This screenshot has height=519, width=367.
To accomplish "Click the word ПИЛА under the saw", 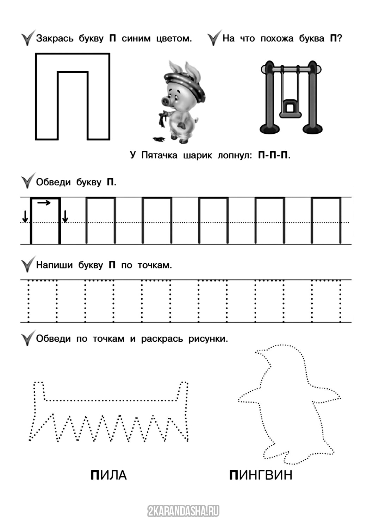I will click(x=108, y=475).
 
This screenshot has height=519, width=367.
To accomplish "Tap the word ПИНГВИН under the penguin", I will click(x=261, y=475).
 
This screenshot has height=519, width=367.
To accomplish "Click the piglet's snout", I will click(x=165, y=100).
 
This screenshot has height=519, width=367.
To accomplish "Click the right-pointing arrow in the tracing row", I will click(x=44, y=203).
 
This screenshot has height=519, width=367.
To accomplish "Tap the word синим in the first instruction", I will click(x=136, y=38).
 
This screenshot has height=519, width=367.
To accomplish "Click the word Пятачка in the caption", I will click(x=159, y=155).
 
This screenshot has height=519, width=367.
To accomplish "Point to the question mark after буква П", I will click(x=340, y=38).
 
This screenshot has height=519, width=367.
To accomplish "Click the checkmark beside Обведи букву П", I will click(x=27, y=181).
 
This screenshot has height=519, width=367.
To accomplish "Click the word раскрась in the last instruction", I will click(x=162, y=339).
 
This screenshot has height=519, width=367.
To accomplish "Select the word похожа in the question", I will click(x=277, y=38).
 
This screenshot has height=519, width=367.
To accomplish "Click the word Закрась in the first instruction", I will click(x=55, y=38).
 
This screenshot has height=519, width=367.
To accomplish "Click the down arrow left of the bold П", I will click(x=25, y=217).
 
